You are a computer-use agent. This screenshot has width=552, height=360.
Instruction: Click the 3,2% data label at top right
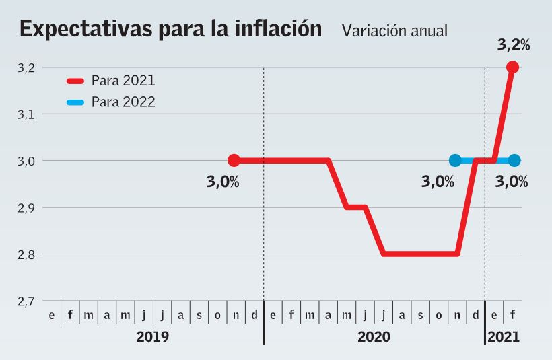(514, 46)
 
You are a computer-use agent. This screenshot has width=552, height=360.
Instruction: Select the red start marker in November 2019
(234, 160)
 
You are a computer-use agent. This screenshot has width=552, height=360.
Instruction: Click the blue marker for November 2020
(455, 160)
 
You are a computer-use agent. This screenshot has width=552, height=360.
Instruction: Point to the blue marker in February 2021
(514, 160)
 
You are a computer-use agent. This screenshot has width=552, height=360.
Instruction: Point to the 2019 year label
(153, 336)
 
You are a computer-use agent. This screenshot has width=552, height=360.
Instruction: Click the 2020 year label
(374, 336)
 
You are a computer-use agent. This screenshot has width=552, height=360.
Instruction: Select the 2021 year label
(504, 336)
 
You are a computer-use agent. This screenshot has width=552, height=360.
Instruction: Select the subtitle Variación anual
(394, 31)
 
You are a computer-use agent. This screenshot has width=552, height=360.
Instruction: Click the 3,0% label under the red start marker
(223, 182)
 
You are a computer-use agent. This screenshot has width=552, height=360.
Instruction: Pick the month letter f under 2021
(514, 315)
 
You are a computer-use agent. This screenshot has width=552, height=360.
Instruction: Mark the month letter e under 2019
(51, 315)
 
